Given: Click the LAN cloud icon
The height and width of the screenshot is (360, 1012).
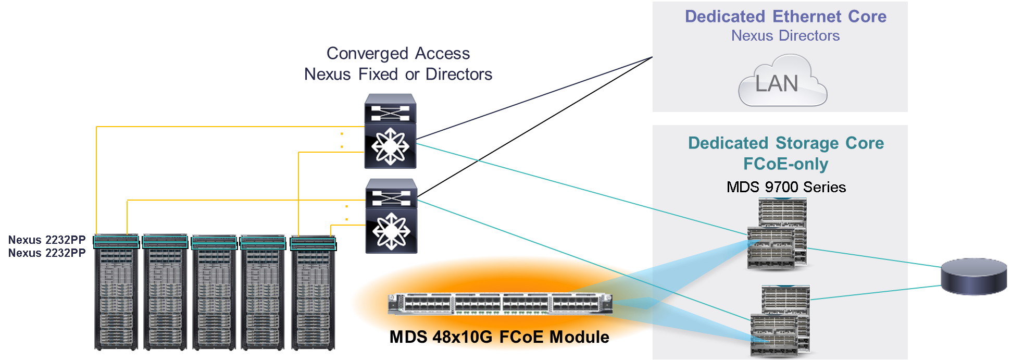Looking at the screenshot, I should click(x=782, y=83).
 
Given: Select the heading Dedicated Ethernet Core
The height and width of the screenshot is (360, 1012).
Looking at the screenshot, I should click(x=785, y=17).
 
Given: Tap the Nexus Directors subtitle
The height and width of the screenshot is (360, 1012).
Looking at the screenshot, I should click(x=785, y=36).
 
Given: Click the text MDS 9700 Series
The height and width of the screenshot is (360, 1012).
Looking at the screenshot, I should click(x=786, y=187).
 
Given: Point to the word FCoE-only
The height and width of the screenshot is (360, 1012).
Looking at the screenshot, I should click(x=785, y=164).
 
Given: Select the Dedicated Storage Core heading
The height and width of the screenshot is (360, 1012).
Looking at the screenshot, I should click(x=785, y=143).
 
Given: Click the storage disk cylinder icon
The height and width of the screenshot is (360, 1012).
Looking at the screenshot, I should click(x=973, y=277).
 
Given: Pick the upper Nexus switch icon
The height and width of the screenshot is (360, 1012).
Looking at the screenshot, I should click(x=390, y=131).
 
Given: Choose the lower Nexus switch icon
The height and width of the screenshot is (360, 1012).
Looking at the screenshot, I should click(x=391, y=216).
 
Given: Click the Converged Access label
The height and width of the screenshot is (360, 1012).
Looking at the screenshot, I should click(x=398, y=54).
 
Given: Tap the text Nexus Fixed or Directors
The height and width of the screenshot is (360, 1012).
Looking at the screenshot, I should click(x=398, y=75).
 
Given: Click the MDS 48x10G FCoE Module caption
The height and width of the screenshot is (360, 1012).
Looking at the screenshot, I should click(x=499, y=337).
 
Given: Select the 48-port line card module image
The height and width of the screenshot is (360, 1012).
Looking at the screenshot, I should click(x=499, y=304).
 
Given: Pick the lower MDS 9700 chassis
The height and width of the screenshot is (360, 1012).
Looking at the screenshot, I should click(x=780, y=320).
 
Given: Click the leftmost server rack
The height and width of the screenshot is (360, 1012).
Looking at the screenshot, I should click(x=116, y=292).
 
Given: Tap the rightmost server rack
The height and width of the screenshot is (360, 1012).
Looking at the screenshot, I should click(x=313, y=292).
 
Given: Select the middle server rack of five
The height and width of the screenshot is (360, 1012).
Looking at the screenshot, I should click(x=214, y=292).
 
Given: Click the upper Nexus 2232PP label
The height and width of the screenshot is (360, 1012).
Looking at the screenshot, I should click(x=47, y=240).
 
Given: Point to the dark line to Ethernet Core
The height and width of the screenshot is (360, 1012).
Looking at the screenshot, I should click(x=536, y=98).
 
